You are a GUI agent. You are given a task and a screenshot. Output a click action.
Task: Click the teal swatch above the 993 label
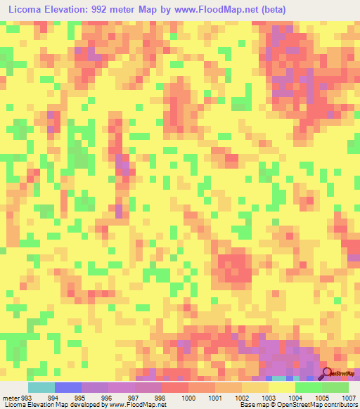(x=41, y=387)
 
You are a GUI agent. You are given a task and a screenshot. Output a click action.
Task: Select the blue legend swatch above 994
(x=67, y=387)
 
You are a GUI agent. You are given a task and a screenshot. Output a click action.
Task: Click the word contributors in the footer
(x=340, y=405)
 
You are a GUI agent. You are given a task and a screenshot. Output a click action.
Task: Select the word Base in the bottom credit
(x=246, y=405)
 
